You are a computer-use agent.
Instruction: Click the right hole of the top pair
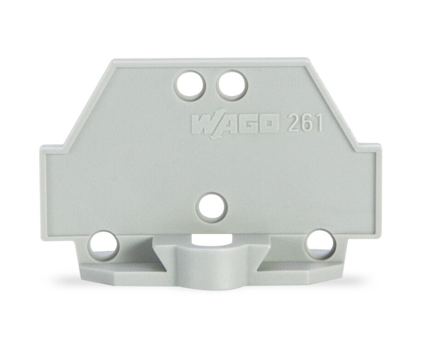point(232,85)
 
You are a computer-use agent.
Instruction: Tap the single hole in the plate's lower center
point(212,207)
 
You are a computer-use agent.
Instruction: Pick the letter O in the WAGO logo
point(270,123)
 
